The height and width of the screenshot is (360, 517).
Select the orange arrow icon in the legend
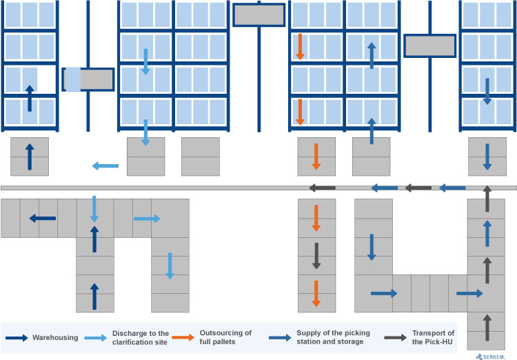[183, 338]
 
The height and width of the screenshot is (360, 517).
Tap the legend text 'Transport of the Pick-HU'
[433, 337]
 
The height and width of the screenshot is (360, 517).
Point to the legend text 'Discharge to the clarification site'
[141, 337]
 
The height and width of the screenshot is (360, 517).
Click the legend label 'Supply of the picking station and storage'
[333, 337]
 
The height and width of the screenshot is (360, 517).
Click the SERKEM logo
[494, 356]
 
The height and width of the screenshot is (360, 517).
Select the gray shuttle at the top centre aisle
[258, 14]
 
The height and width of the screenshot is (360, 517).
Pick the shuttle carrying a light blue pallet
[88, 79]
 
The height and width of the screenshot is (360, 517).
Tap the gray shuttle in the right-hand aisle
[429, 46]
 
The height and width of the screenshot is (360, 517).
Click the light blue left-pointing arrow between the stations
[105, 166]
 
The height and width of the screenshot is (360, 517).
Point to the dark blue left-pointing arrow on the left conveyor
[43, 219]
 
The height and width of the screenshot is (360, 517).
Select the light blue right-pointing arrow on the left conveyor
[147, 219]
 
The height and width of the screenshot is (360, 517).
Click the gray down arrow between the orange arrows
[316, 256]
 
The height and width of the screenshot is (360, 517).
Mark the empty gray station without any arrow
[201, 157]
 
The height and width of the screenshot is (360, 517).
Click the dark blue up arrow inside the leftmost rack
[29, 99]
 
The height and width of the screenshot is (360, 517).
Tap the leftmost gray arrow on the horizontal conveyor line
[323, 188]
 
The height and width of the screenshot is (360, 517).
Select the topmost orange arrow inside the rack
[300, 46]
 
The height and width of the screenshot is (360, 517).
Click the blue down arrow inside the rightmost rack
[487, 91]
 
